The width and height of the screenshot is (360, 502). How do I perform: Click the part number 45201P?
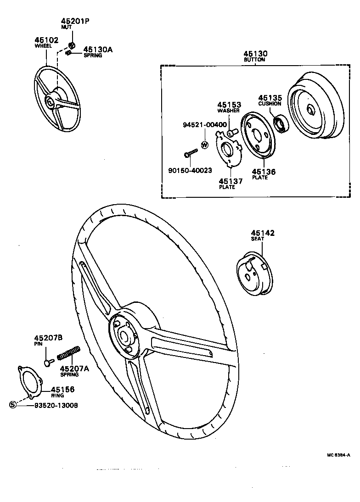point(75,21)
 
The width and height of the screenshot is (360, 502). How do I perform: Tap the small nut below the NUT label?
point(72,45)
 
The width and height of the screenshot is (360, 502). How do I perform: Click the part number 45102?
point(46,40)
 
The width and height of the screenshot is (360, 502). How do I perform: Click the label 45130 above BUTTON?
point(255,54)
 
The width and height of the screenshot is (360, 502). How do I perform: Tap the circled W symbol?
point(205,145)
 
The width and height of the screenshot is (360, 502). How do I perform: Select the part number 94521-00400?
point(204,125)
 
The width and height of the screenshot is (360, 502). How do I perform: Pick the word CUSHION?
point(270,104)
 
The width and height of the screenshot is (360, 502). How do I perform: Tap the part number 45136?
point(264,172)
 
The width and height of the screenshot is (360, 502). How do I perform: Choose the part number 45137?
point(231,181)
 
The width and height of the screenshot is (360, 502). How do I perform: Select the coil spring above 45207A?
point(69,353)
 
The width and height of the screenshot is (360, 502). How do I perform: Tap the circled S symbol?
point(13,405)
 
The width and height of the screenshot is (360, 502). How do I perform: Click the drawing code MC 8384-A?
point(338,455)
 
